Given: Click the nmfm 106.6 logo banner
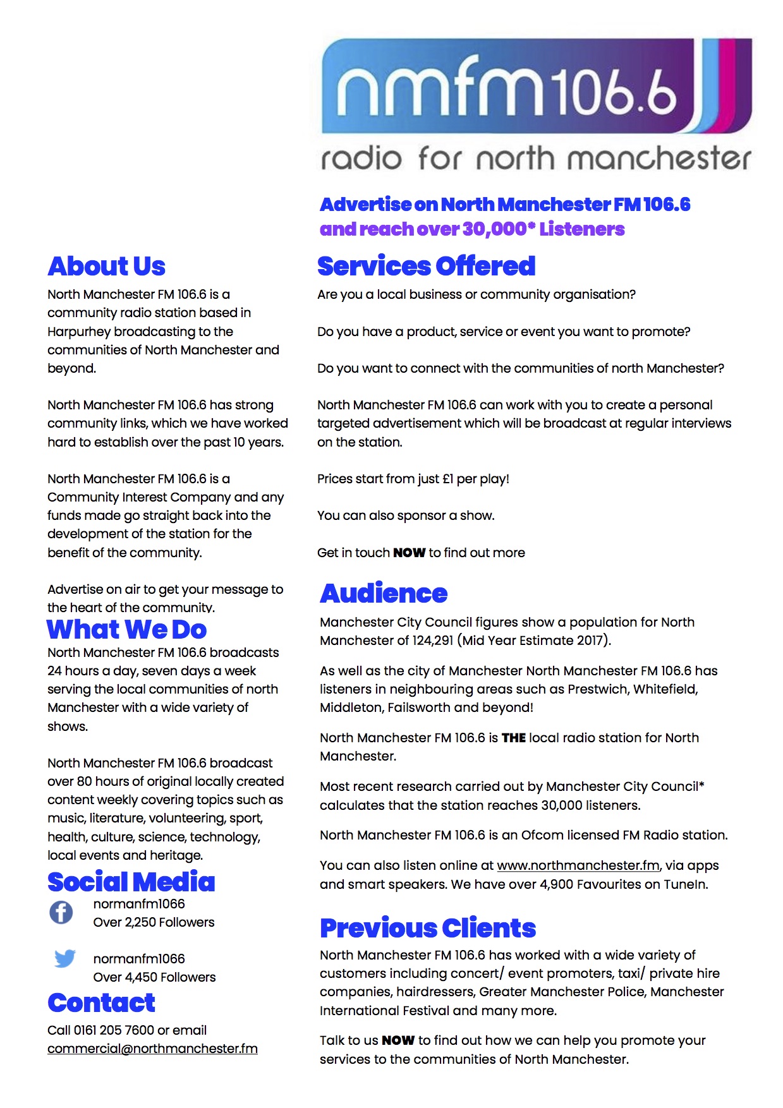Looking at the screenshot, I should (536, 104).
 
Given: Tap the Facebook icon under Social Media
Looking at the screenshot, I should (61, 912).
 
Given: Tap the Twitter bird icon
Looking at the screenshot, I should (64, 958).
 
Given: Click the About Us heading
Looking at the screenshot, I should (106, 267).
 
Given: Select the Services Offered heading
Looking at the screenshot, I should (426, 267).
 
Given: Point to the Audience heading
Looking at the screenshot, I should (384, 593).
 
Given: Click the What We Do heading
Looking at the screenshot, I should (127, 629).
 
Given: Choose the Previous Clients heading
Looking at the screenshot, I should (428, 928).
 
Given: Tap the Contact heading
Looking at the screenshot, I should (101, 1003).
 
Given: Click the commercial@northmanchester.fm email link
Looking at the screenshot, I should (152, 1049).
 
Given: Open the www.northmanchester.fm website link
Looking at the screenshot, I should (578, 865).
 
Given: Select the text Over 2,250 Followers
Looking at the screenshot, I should (154, 922).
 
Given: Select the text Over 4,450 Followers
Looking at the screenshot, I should (154, 977).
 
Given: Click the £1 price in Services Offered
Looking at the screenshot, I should (447, 479).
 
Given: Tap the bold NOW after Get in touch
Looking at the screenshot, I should (409, 553).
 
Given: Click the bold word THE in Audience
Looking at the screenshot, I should (513, 738).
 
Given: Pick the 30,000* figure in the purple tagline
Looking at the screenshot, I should (499, 229).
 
